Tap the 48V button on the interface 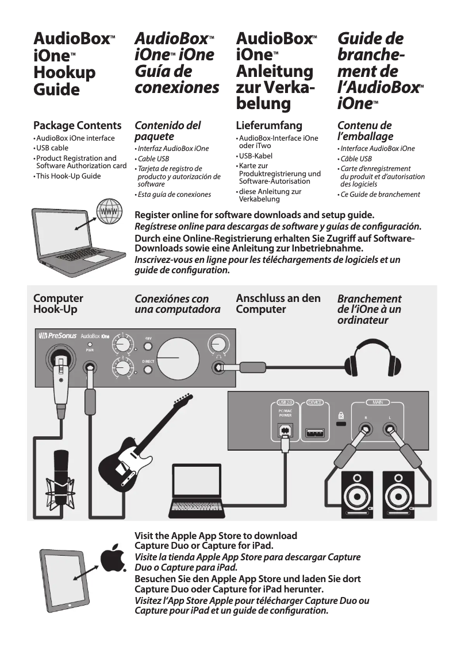(148, 346)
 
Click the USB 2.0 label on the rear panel (285, 402)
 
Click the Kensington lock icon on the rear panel (341, 415)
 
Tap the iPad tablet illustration (66, 578)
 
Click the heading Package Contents (77, 126)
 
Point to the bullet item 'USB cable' (52, 148)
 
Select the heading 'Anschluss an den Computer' (278, 304)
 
